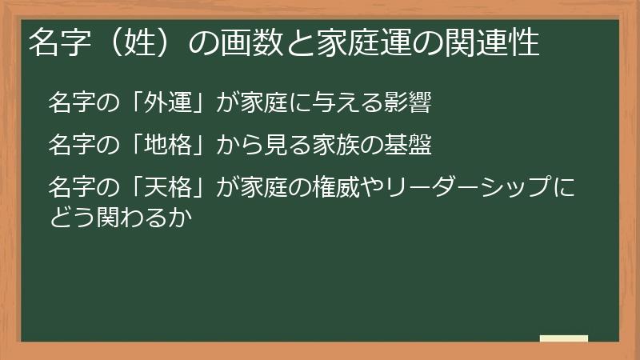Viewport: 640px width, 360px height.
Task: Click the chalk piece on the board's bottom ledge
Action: tap(564, 338)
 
